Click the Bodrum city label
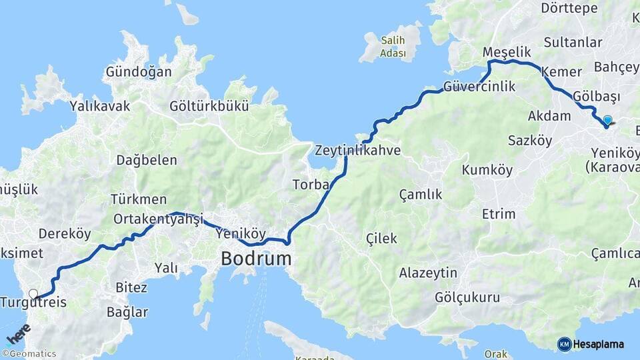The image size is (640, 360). pos(256,258)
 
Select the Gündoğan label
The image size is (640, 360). pos(139,71)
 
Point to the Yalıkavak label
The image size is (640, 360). pos(100,105)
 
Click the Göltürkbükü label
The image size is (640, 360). pos(209,105)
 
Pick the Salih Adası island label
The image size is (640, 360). pos(393,47)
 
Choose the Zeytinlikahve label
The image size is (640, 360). pos(358,150)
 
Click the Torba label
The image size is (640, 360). pos(311,185)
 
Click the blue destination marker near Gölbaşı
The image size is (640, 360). pos(607,121)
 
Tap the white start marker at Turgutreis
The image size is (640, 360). pos(33,293)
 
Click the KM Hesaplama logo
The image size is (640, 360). pos(591,344)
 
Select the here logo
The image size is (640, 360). pos(18,332)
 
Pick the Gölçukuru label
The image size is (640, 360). pos(467,297)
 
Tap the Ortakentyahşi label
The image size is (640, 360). pos(158,219)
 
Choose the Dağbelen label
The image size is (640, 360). pos(147,159)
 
